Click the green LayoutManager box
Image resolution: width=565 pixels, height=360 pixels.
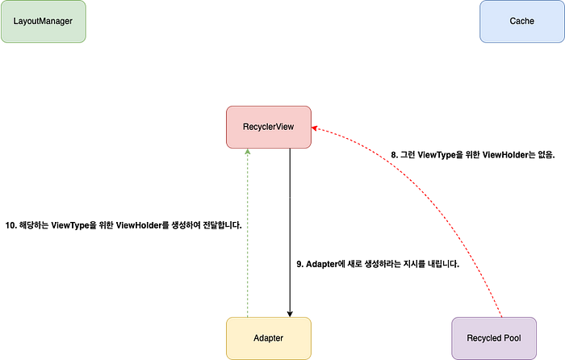tap(43, 22)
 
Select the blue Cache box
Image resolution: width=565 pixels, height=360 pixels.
tap(521, 22)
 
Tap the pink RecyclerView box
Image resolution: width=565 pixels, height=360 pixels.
tap(269, 127)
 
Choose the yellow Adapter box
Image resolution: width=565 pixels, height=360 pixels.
tap(269, 337)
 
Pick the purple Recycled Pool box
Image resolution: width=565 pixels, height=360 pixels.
tap(493, 337)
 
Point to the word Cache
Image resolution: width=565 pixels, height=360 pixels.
tap(521, 21)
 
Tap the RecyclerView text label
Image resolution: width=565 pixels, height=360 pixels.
tap(269, 127)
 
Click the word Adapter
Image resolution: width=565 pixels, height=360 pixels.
tap(269, 338)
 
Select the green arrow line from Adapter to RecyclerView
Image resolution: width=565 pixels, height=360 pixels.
tap(249, 234)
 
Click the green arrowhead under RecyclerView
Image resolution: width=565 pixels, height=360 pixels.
tap(249, 153)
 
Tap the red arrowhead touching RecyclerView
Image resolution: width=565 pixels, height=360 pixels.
tap(317, 128)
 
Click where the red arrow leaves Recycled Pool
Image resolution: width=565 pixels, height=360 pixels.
tap(501, 314)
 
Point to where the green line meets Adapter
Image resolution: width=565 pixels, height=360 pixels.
tap(249, 315)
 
